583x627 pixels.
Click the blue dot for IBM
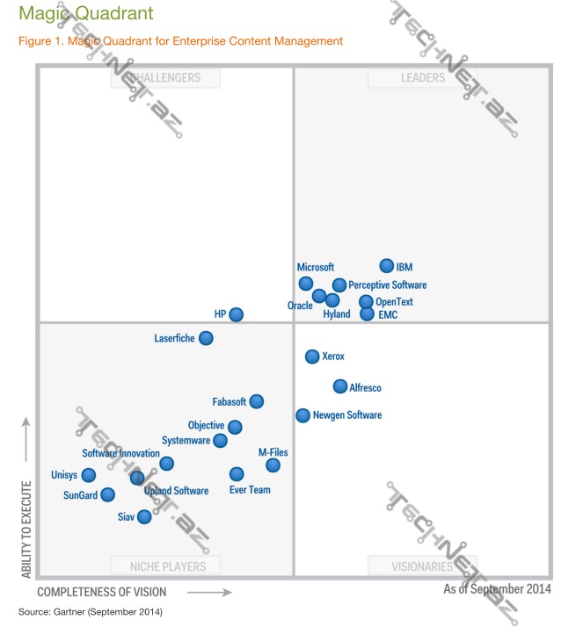point(386,266)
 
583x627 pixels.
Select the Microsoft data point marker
point(305,283)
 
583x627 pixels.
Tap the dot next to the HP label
point(236,313)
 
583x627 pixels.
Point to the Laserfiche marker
point(206,337)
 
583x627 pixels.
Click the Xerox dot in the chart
point(311,356)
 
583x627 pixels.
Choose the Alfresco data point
point(340,386)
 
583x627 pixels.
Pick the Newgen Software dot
point(302,415)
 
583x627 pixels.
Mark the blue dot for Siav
point(144,516)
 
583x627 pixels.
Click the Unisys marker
point(88,475)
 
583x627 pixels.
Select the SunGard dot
point(107,494)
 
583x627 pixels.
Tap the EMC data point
point(367,313)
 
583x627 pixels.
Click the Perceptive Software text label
point(387,285)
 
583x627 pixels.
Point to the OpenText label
point(394,302)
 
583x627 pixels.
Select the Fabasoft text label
point(230,401)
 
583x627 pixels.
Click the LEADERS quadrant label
point(423,78)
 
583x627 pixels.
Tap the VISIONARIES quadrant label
point(422,566)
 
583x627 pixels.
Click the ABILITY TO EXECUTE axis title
point(26,529)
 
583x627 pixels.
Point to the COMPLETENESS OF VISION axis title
point(101,593)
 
